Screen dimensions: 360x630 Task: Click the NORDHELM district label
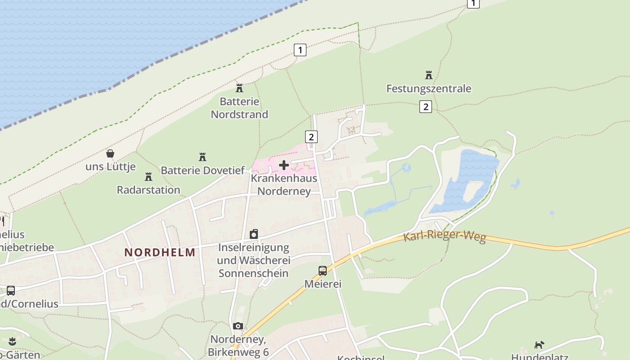pos(160,252)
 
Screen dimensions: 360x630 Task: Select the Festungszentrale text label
pos(428,89)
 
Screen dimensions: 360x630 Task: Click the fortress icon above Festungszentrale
pos(428,75)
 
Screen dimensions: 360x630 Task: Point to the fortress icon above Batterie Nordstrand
pos(239,88)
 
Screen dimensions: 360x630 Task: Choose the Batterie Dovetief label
pos(202,171)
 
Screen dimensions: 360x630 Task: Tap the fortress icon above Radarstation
pos(148,176)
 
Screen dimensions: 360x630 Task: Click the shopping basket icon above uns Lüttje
pos(110,153)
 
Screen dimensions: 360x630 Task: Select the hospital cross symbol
pos(284,165)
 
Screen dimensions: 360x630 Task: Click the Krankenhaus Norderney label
pos(283,184)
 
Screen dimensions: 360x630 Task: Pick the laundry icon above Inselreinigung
pos(254,234)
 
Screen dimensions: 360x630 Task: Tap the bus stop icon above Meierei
pos(323,270)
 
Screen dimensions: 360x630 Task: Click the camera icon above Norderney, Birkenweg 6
pos(238,326)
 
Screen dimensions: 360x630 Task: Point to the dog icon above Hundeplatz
pos(539,345)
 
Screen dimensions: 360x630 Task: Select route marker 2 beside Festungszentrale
pos(425,107)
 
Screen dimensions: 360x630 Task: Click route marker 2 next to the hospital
pos(311,136)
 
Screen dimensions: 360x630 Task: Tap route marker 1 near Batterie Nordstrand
pos(300,49)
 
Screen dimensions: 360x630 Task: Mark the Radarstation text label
pos(148,190)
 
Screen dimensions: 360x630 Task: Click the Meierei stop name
pos(323,284)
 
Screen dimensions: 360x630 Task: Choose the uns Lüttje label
pos(111,166)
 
